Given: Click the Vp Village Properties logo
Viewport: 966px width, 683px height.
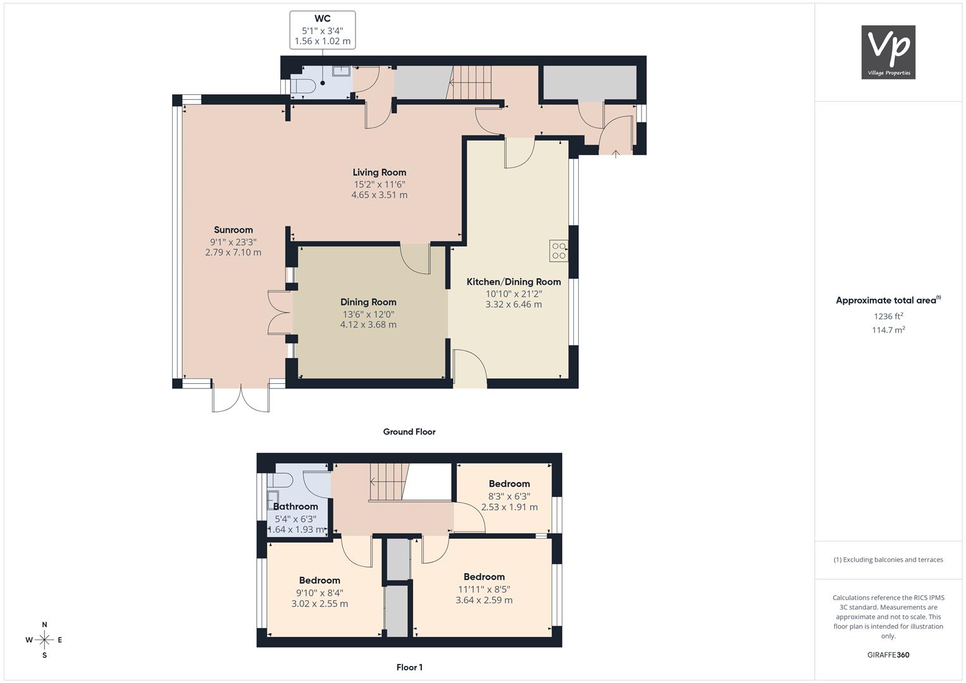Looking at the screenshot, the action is pos(888,52).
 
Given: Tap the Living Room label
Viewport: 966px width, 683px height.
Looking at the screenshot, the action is pos(380,173).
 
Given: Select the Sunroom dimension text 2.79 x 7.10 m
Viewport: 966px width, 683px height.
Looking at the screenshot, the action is pos(233,252).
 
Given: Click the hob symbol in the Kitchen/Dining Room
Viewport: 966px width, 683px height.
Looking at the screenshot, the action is pos(559,251).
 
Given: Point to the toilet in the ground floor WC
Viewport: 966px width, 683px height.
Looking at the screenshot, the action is pos(303,86).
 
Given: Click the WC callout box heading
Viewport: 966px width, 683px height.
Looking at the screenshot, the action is pos(323,18).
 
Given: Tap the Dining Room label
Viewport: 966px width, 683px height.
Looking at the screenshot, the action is pos(368,302).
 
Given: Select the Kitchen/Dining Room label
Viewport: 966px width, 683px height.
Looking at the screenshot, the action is pos(514,282).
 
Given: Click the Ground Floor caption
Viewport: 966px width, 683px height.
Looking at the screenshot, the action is pos(409,431).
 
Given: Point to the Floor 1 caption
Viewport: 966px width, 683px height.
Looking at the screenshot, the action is pos(409,667).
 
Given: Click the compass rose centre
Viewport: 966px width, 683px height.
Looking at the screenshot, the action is pos(44,640).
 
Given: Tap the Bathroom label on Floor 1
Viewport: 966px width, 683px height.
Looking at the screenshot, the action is pos(296,507).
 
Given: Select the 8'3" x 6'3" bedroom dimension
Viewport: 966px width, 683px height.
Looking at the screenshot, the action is pos(509,496).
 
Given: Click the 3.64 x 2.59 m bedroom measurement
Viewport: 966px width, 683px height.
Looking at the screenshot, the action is pos(485,600).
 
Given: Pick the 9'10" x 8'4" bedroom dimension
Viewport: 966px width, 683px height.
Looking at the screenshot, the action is pos(319,593).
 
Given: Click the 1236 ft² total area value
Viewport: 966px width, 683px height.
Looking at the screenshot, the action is pos(888,316).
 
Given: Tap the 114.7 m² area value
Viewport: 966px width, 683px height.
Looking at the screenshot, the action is pos(888,330).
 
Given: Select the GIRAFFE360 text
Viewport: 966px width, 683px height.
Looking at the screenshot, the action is pos(888,655).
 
